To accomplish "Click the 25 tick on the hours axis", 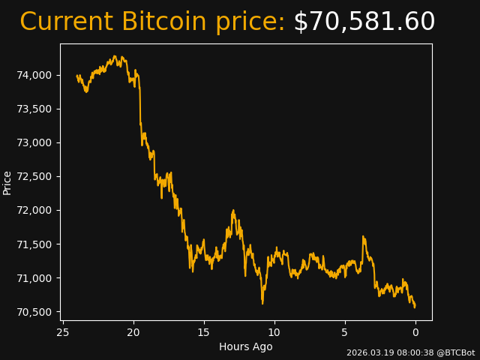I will click(63, 331).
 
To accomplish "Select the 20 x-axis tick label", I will click(133, 331).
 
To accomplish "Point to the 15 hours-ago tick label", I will click(204, 331).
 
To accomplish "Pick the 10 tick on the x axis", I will click(274, 331).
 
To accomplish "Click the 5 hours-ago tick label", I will click(345, 331).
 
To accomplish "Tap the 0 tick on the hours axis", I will click(415, 331).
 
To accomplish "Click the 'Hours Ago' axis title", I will click(246, 346).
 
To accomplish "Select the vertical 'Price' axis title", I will click(7, 182).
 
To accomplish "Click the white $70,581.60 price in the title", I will click(364, 22).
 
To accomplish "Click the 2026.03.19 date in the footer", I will click(367, 352).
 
